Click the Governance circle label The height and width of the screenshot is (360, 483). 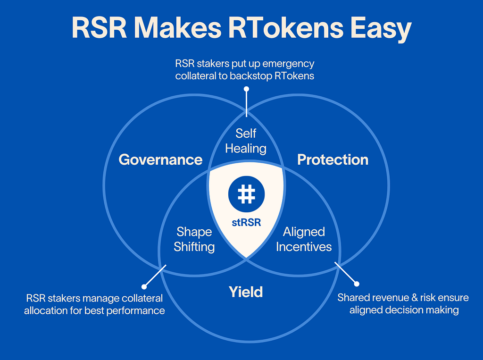[160, 159]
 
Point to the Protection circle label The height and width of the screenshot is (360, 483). [333, 159]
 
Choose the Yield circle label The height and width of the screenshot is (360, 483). [246, 292]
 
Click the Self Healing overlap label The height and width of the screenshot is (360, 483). [246, 141]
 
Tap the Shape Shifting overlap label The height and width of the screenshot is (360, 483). [194, 239]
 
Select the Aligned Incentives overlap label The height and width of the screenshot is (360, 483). [304, 239]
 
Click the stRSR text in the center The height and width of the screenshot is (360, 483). [246, 222]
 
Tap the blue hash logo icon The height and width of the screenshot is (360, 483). [246, 194]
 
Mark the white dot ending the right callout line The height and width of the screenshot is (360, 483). [357, 284]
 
